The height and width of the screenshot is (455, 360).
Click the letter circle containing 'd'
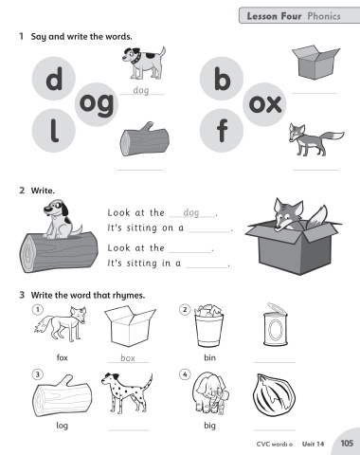54,79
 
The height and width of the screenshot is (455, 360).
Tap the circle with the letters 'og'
97,104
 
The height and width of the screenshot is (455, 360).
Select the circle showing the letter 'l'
54,131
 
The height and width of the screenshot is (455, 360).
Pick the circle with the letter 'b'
222,79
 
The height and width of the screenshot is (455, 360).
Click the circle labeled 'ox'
264,104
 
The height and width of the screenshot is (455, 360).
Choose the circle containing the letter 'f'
222,131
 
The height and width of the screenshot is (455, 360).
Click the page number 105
347,443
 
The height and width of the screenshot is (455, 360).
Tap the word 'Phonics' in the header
324,16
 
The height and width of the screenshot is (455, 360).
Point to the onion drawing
274,395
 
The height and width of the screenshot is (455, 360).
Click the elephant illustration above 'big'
210,392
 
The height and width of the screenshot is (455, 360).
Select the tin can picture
276,324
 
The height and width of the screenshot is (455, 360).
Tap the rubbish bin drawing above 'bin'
208,326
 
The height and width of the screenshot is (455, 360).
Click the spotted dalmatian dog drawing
127,392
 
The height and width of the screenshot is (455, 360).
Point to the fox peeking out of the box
296,214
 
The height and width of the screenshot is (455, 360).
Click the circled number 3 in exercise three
37,374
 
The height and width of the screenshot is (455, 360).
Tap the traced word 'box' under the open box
128,358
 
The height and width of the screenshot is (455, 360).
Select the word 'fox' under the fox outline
63,357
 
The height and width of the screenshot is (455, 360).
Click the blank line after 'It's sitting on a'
209,232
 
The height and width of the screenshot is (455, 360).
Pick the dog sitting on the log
62,219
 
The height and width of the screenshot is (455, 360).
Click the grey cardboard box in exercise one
315,63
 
